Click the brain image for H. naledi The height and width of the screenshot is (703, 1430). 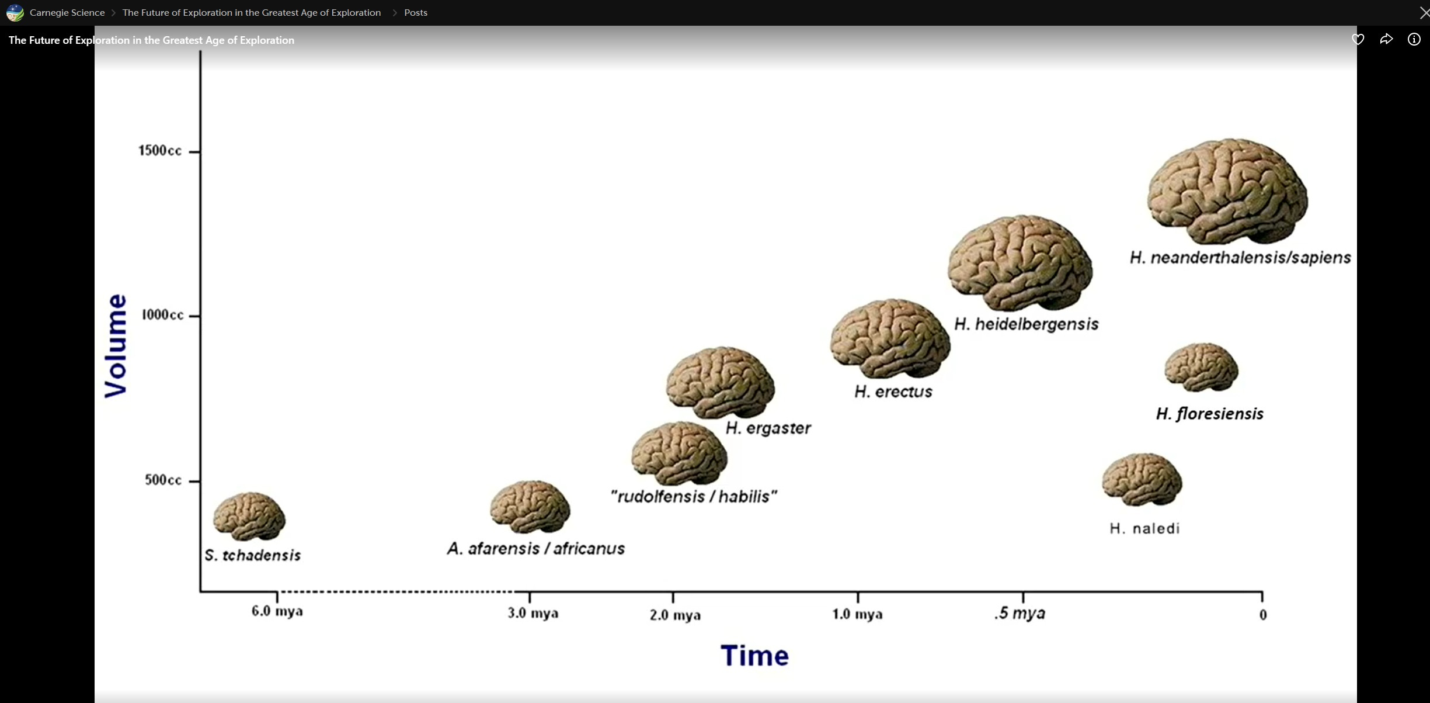point(1142,479)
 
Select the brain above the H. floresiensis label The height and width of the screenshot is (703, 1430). point(1201,367)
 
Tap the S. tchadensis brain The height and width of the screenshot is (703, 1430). point(249,515)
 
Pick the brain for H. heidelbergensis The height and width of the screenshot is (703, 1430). point(1020,262)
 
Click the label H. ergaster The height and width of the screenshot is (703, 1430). point(768,428)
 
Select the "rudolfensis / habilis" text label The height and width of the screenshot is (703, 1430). point(694,497)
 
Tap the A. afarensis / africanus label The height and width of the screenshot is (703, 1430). point(536,549)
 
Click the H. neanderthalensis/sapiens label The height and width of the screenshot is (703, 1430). point(1240,258)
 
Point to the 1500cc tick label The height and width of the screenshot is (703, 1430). point(160,151)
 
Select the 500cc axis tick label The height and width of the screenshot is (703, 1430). point(163,480)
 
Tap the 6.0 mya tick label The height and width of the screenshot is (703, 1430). point(277,611)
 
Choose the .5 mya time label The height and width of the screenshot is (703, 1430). point(1020,613)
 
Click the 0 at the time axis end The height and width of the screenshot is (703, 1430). point(1263,615)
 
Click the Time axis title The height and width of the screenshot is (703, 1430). point(754,656)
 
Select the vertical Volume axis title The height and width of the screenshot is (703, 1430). point(116,346)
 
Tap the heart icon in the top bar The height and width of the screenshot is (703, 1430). point(1358,40)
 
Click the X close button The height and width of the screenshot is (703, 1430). point(1424,13)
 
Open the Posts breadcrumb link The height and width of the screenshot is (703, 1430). point(416,13)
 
